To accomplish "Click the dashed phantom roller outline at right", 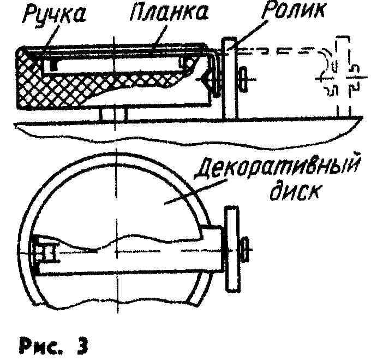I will [x=340, y=76].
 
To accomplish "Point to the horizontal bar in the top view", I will [x=131, y=262].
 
